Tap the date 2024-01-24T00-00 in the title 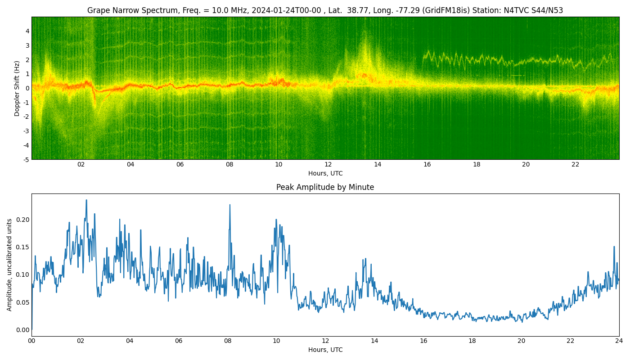click(286, 10)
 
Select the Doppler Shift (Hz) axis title click(17, 88)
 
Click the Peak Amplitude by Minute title click(325, 187)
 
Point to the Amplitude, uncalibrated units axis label click(9, 265)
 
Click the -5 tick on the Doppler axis click(26, 160)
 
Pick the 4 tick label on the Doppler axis click(27, 31)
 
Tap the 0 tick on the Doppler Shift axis click(27, 88)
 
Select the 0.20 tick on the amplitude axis click(23, 220)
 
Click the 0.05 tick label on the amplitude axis click(23, 302)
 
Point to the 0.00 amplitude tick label click(23, 330)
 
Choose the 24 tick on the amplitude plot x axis click(619, 341)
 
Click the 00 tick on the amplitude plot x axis click(31, 341)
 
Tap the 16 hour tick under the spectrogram click(427, 165)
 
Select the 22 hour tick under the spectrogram click(575, 165)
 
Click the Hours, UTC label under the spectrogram click(325, 173)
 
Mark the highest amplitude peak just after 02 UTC click(86, 200)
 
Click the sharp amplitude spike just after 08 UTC click(230, 205)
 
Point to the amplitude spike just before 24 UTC click(614, 247)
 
